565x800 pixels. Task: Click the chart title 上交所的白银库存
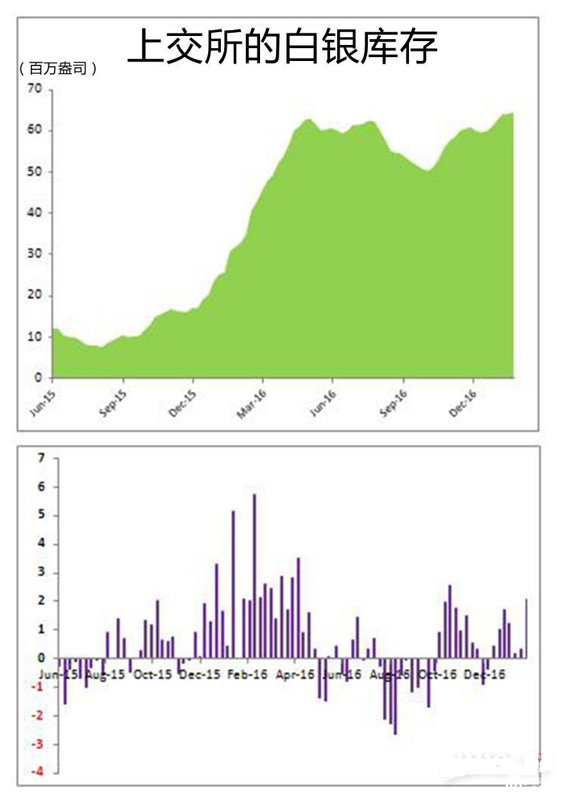(282, 46)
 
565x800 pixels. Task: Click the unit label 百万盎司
(58, 69)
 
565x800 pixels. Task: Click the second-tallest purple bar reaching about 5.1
(233, 584)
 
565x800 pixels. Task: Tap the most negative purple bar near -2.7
(395, 696)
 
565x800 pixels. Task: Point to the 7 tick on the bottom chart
(42, 458)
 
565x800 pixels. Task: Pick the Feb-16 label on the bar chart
(248, 675)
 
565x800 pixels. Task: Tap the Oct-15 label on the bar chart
(153, 675)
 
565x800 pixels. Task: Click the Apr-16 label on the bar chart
(295, 675)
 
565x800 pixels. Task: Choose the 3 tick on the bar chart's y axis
(42, 572)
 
